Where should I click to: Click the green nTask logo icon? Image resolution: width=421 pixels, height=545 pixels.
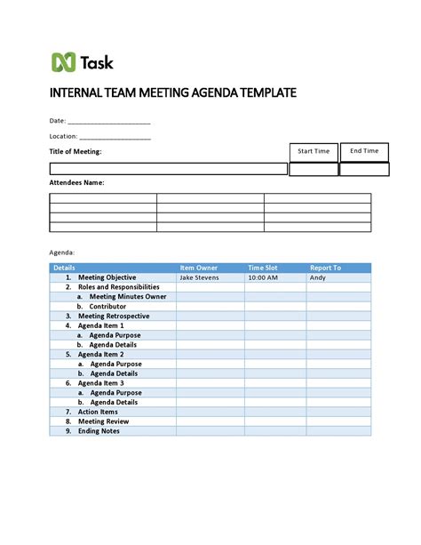[62, 62]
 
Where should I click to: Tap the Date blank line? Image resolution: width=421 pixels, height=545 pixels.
[109, 122]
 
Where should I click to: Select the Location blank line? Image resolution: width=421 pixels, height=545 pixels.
[115, 137]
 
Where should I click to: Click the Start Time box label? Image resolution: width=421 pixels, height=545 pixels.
[314, 151]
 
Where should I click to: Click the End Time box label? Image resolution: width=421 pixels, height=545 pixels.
[364, 151]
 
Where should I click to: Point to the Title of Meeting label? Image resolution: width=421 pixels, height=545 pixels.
[75, 152]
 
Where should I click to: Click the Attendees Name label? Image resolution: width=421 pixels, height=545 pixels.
[76, 182]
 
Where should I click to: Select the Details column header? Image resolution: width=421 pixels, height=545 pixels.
[64, 268]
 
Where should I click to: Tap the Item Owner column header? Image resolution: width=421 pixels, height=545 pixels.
[199, 268]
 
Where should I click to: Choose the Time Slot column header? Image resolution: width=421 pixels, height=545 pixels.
[263, 268]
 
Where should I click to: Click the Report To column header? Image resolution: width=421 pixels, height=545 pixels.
[325, 268]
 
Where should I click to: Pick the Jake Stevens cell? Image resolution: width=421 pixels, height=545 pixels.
[199, 277]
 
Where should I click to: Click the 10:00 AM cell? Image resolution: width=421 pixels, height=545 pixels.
[263, 277]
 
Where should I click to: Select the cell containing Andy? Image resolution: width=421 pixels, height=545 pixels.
[317, 277]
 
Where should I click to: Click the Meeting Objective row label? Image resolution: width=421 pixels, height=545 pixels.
[107, 277]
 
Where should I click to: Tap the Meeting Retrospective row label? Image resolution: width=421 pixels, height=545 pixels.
[114, 316]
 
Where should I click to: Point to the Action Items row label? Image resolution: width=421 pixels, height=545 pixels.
[98, 412]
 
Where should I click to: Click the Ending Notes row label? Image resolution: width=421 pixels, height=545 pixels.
[99, 431]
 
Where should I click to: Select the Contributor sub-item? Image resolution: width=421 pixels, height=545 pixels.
[107, 307]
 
